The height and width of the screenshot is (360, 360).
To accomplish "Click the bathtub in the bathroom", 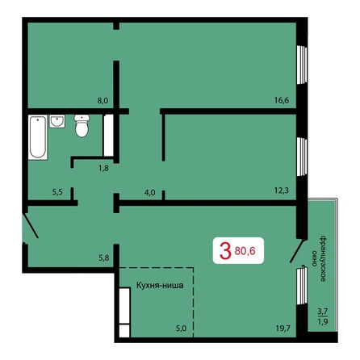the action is point(38,137).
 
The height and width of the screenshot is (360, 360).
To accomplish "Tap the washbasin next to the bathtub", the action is point(57,121).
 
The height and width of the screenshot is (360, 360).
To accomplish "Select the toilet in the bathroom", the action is point(82,126).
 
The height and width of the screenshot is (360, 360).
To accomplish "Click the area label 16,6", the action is point(282,101).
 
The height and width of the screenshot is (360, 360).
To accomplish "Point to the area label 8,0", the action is point(103,101).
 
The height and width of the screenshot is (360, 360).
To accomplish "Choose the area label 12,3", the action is point(282,190).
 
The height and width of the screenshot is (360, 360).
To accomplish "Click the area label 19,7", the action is point(283,329).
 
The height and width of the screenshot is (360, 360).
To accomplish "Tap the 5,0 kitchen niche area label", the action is point(181,329).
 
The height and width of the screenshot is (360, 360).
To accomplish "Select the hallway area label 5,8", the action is point(104,258).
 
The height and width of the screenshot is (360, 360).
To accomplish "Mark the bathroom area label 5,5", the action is point(57,192).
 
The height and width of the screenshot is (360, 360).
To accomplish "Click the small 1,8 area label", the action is point(103,169).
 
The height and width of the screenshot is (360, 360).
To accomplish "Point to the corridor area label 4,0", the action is point(149,193).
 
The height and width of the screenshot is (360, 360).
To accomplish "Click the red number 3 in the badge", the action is point(225,250).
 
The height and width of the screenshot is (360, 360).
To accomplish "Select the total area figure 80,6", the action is point(245,251).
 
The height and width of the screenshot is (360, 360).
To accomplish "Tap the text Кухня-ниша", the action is point(160,285).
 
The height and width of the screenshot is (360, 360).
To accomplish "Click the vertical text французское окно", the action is point(319,259).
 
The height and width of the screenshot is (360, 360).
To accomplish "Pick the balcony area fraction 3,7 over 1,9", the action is point(323,316).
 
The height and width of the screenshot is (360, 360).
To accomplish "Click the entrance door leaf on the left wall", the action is point(31,225).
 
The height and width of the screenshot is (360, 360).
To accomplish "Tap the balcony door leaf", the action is point(298,251).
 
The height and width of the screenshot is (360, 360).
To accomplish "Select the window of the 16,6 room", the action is point(302,65).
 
